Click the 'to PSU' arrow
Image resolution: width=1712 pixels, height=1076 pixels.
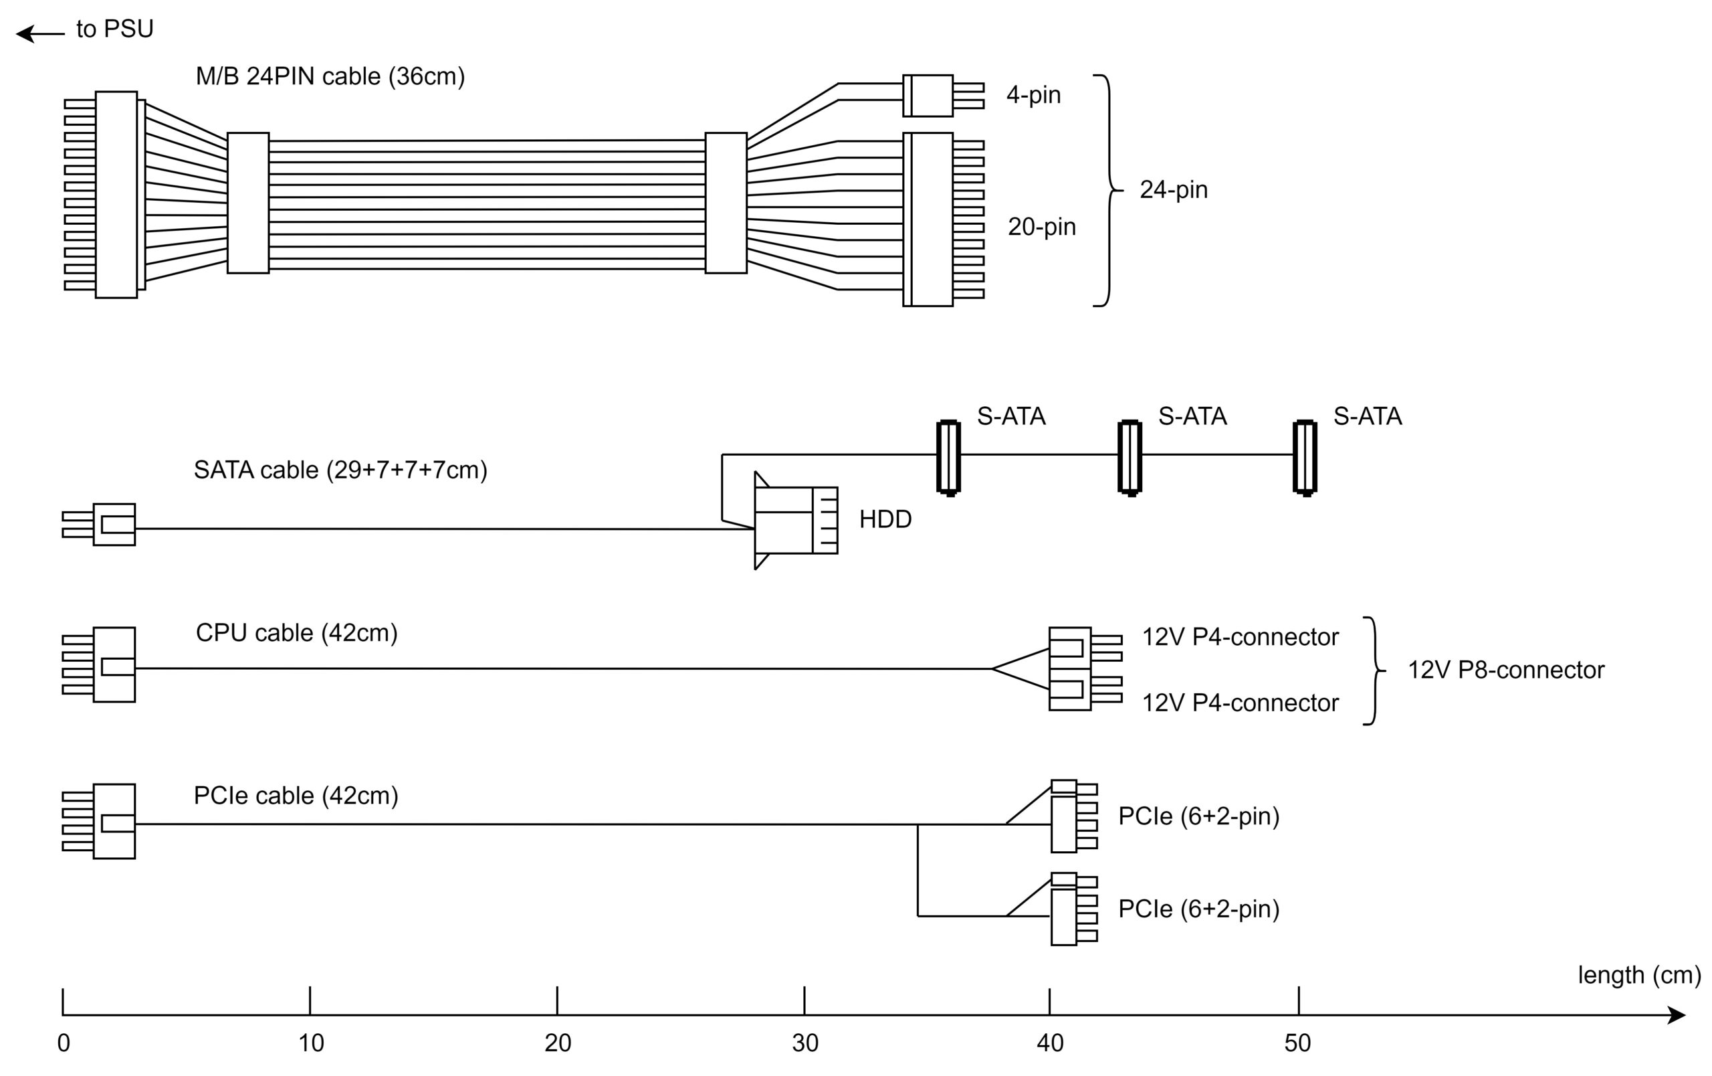pyautogui.click(x=40, y=33)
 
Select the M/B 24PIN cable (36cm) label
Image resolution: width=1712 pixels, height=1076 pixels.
pyautogui.click(x=330, y=76)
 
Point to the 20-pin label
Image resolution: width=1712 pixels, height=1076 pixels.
pyautogui.click(x=1041, y=227)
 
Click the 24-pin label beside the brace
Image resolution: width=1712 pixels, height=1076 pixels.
pyautogui.click(x=1173, y=190)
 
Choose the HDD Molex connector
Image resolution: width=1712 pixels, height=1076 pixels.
pyautogui.click(x=795, y=520)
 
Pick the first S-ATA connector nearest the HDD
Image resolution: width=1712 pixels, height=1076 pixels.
pyautogui.click(x=948, y=456)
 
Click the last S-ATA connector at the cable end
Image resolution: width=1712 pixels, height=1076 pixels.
pyautogui.click(x=1305, y=456)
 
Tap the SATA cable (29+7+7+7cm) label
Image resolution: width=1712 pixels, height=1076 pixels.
pyautogui.click(x=340, y=470)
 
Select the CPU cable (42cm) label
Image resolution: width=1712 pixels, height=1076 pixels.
pyautogui.click(x=296, y=633)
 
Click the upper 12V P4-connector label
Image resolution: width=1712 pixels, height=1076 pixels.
pyautogui.click(x=1240, y=637)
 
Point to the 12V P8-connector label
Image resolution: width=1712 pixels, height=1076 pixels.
pyautogui.click(x=1506, y=670)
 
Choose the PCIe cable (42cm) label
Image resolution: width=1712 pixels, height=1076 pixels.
pyautogui.click(x=296, y=796)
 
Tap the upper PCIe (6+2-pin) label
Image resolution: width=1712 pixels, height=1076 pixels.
pyautogui.click(x=1198, y=816)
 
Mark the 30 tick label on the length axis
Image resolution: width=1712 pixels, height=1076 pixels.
pyautogui.click(x=805, y=1043)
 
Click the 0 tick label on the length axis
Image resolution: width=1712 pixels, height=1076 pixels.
pyautogui.click(x=64, y=1043)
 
